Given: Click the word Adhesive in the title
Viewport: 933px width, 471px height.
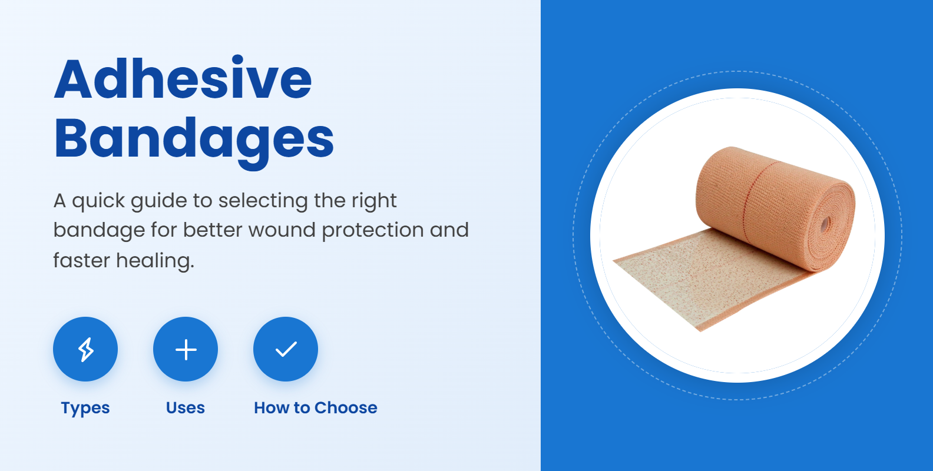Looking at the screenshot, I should point(183,79).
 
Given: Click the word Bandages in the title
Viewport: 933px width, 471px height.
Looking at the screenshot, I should point(194,139).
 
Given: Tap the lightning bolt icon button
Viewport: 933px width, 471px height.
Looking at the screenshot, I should point(85,349).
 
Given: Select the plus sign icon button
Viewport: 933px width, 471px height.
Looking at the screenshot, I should point(186,349).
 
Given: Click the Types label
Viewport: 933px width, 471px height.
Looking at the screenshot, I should point(85,408).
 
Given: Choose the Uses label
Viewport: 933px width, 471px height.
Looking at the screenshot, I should point(186,408).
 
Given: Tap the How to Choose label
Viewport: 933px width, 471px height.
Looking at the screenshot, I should point(316,408).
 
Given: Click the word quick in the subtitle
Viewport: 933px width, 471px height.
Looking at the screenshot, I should point(98,201).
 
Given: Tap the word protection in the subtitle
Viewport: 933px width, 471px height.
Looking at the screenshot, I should point(373,230).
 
